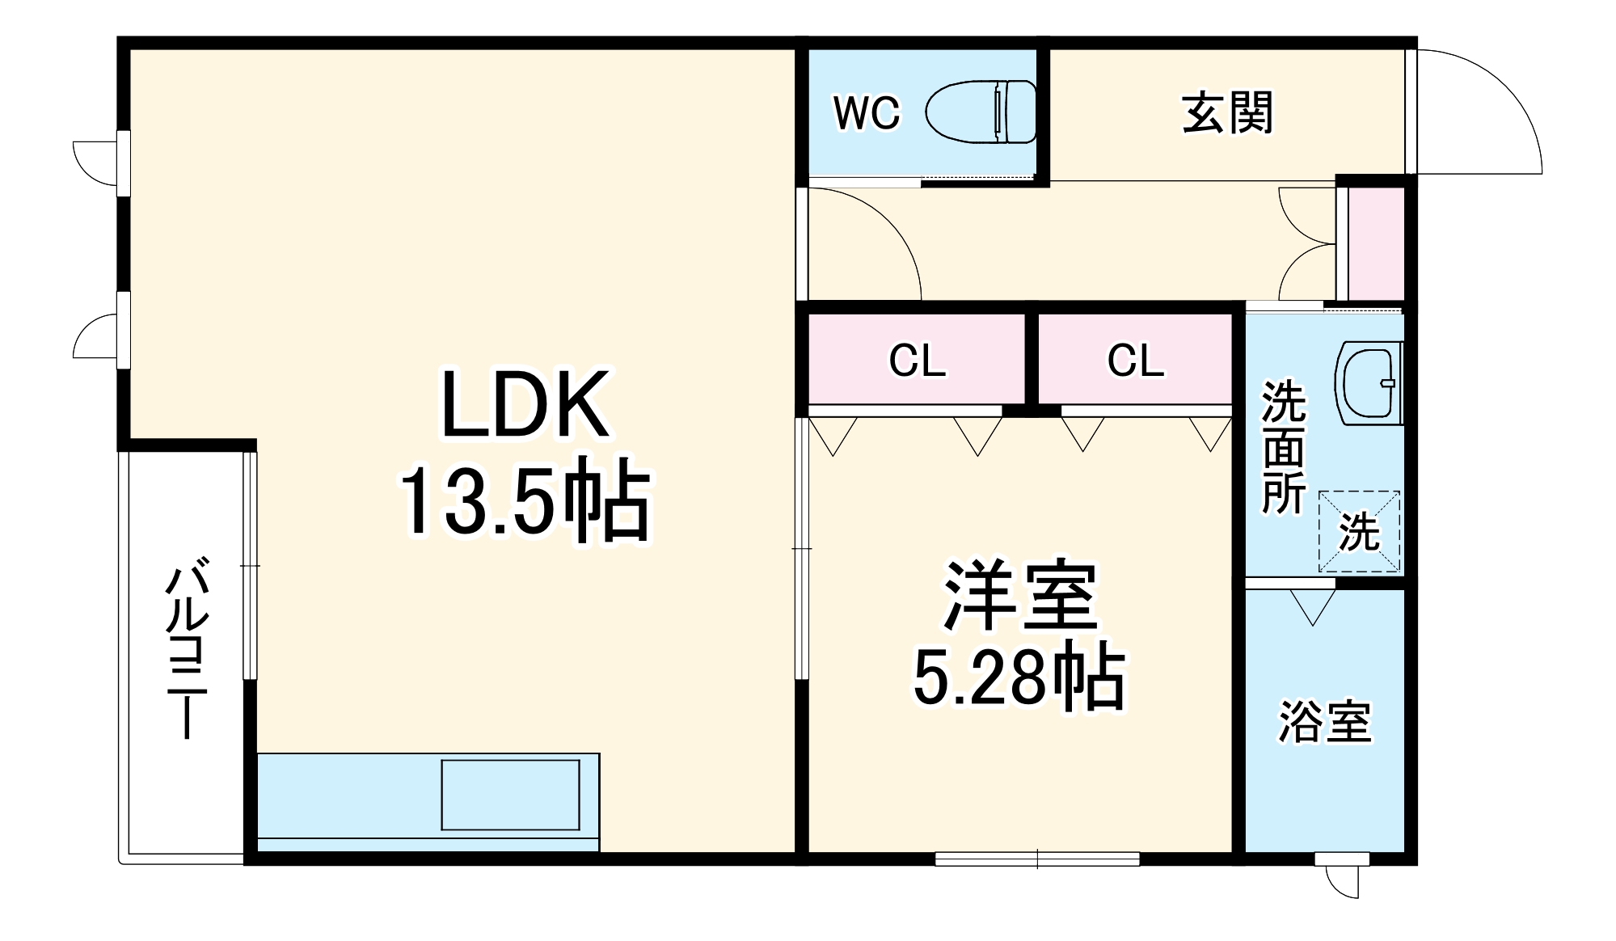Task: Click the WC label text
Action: tap(867, 113)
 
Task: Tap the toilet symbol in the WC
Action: tap(981, 112)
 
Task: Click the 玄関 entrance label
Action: tap(1227, 113)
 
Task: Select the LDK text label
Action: tap(524, 405)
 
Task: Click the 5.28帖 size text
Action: tap(1019, 679)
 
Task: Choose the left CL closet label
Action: tap(917, 361)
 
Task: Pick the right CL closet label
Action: tap(1135, 361)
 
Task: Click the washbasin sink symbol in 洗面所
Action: tap(1369, 382)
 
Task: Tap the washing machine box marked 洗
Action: tap(1359, 531)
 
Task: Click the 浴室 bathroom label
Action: tap(1324, 722)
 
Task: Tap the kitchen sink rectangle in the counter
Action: tap(510, 795)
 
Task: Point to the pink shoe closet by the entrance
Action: tap(1375, 243)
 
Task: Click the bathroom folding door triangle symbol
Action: tap(1313, 606)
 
